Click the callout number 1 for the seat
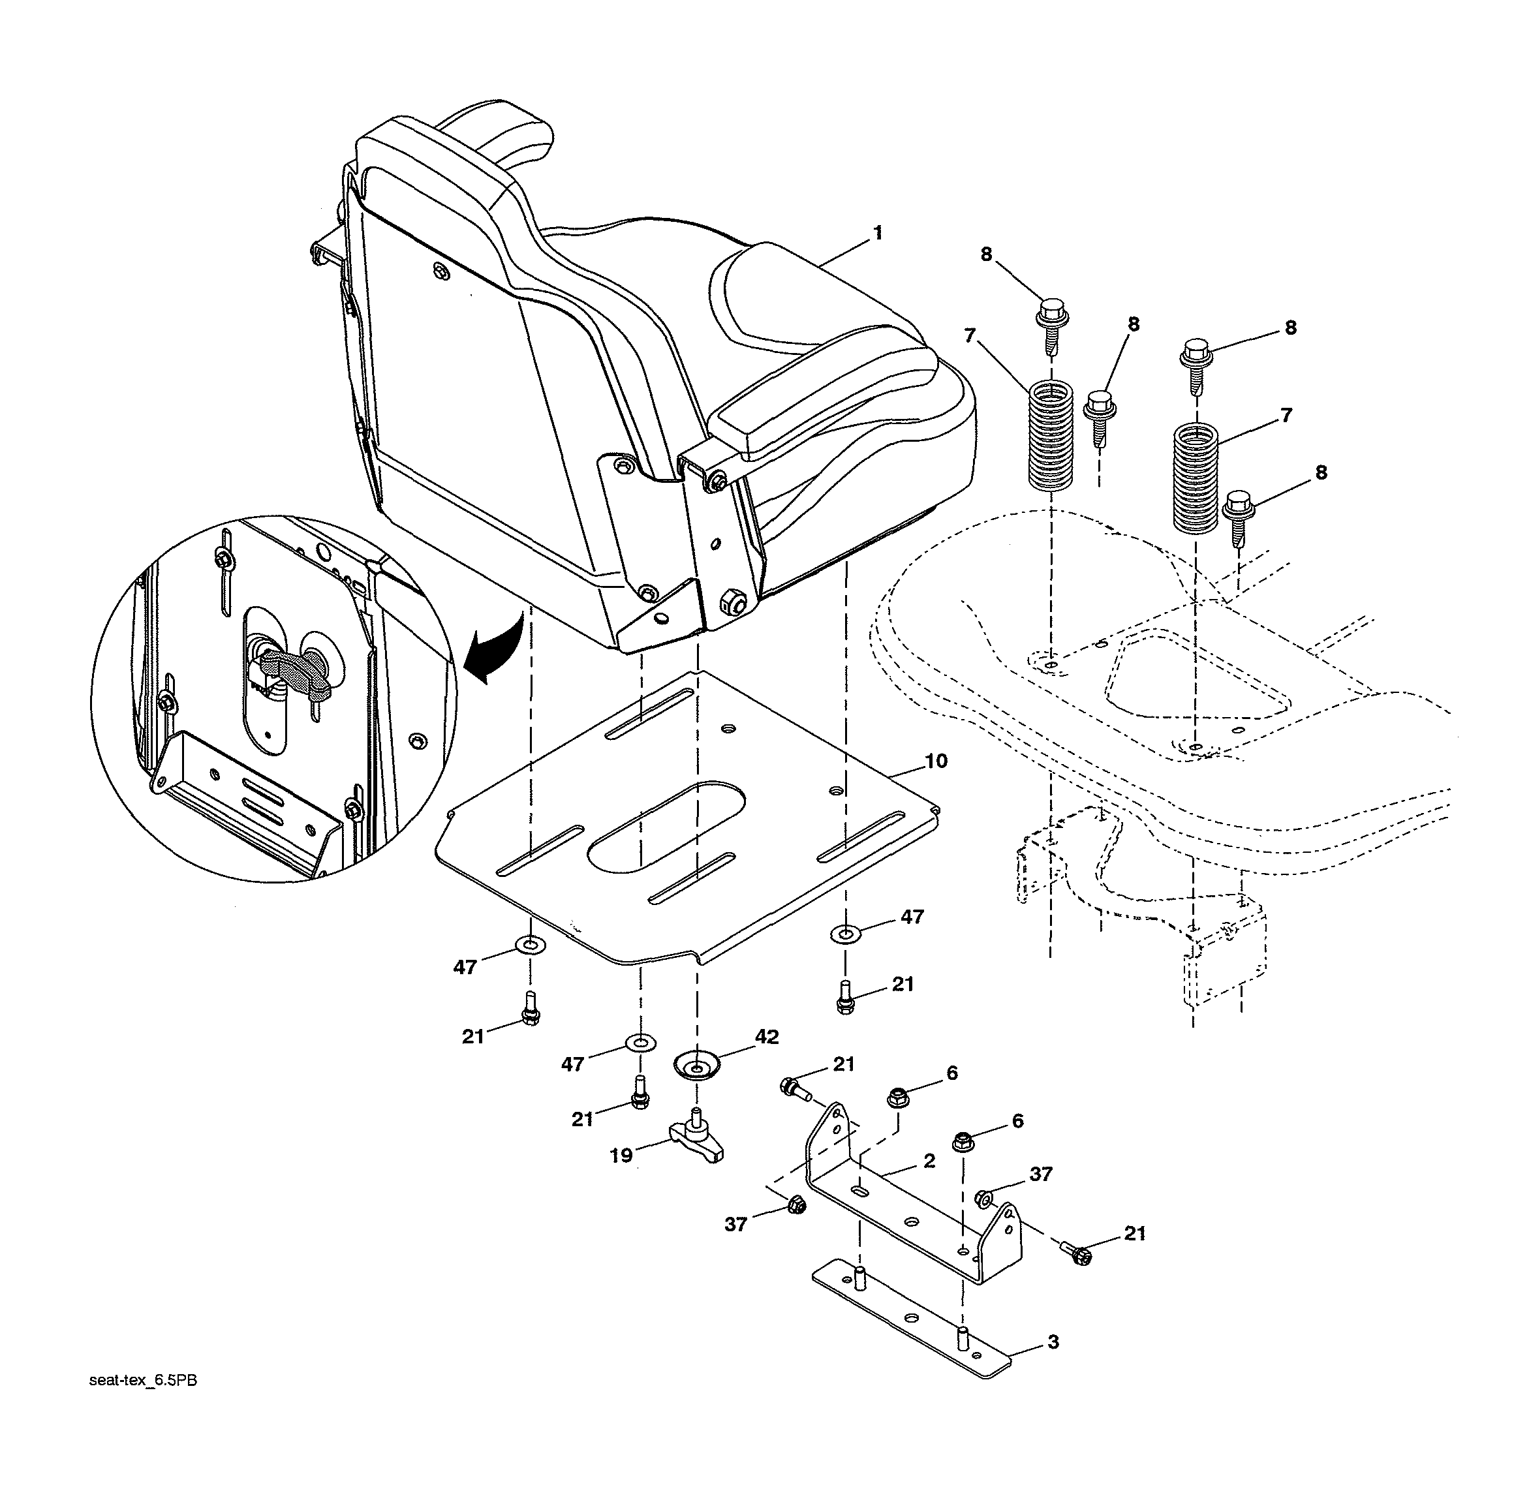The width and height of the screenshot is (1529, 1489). pos(878,232)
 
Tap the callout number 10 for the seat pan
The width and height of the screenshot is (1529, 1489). pos(935,761)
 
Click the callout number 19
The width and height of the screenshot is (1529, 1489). pos(621,1155)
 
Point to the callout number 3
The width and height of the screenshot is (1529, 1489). pos(1053,1343)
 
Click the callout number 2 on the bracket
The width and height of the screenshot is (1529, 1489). pos(929,1161)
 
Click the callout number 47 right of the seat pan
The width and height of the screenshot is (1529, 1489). pos(912,917)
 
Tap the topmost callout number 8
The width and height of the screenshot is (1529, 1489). pos(985,254)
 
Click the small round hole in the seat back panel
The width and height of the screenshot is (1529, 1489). pos(440,271)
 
